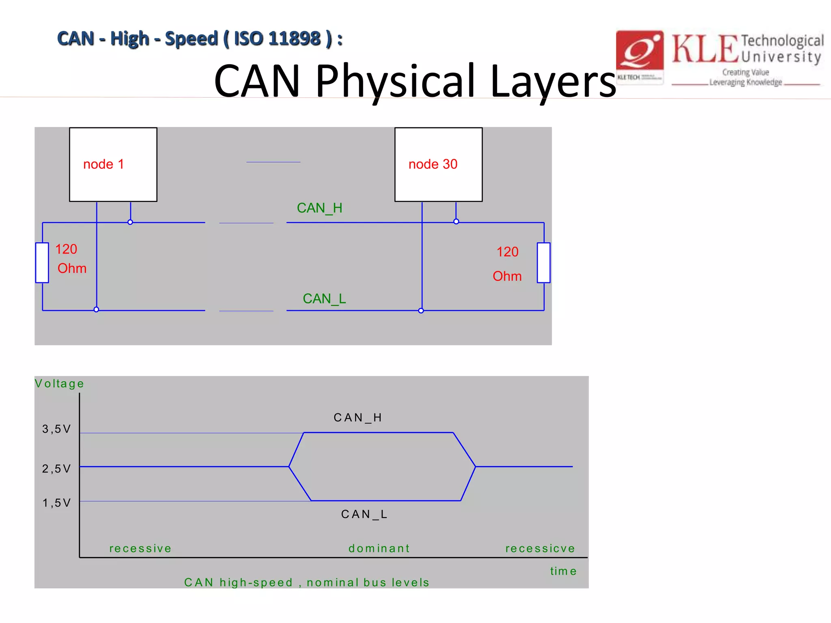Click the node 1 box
click(x=113, y=164)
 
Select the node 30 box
click(x=438, y=164)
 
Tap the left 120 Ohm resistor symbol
click(x=42, y=262)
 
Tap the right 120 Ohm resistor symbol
click(x=543, y=262)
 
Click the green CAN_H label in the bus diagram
click(x=319, y=208)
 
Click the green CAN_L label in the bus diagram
click(x=324, y=299)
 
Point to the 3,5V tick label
click(x=56, y=429)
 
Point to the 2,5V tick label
click(x=56, y=468)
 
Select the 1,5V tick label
click(x=56, y=503)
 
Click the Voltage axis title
click(x=59, y=383)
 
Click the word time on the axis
click(x=563, y=571)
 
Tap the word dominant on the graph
click(x=379, y=548)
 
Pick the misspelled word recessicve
click(x=540, y=548)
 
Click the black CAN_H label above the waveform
click(x=358, y=417)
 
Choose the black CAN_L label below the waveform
click(x=364, y=514)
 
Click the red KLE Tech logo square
click(x=639, y=55)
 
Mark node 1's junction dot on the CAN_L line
click(x=96, y=309)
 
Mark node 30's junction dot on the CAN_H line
click(x=456, y=221)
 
